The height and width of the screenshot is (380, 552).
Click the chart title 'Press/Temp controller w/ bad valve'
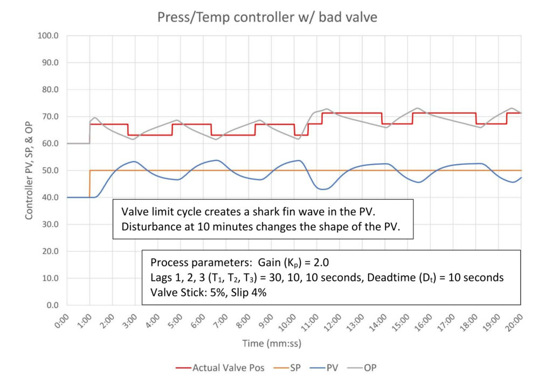[x=267, y=17]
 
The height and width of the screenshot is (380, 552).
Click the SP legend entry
[x=295, y=368]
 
